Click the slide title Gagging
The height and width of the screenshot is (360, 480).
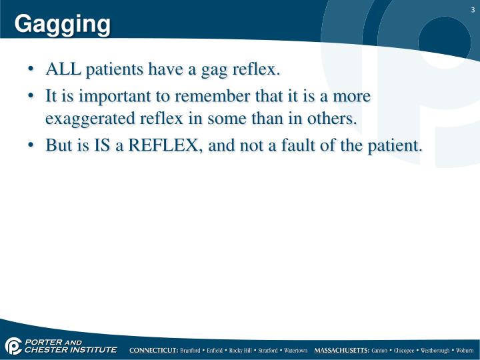tap(63, 24)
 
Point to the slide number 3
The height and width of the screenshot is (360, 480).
tap(471, 9)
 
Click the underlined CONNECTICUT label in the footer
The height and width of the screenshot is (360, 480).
tap(153, 350)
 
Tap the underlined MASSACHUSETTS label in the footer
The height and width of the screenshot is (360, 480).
tap(341, 350)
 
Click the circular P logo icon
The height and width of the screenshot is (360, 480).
tap(13, 346)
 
